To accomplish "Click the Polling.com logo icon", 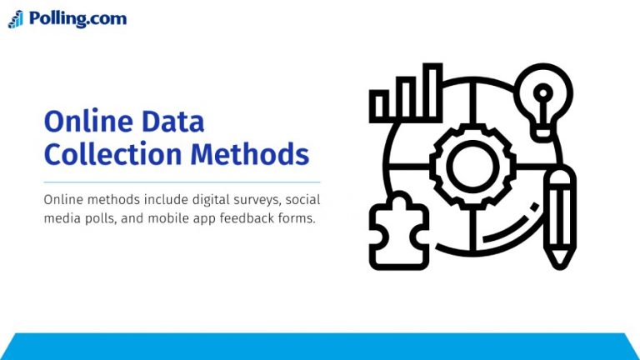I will click(x=16, y=19).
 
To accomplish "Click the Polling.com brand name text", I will click(x=77, y=18).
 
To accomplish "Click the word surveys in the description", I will click(x=246, y=201).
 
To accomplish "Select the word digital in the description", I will click(x=199, y=201).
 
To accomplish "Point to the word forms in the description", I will click(x=297, y=219).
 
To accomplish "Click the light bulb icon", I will click(x=543, y=97).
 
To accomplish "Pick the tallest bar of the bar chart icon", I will click(x=432, y=91).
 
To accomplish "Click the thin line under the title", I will click(x=182, y=182).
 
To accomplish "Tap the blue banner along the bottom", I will click(x=320, y=346).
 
